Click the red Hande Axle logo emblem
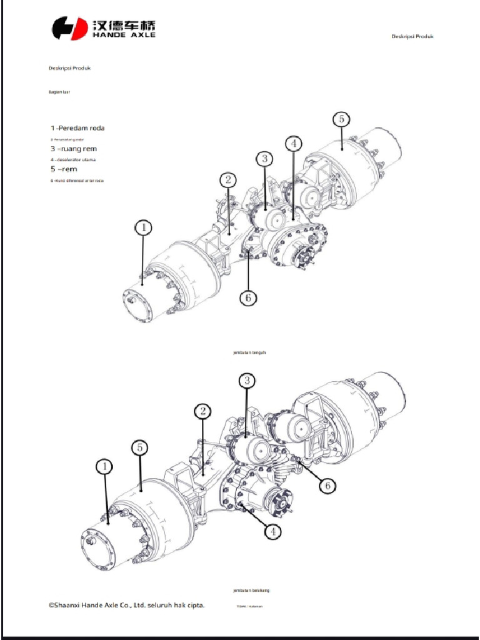tap(69, 28)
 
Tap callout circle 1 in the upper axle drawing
tap(144, 228)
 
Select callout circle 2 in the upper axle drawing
tap(229, 180)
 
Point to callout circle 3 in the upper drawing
tap(264, 159)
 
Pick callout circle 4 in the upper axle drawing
tap(294, 143)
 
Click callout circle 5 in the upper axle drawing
tap(341, 119)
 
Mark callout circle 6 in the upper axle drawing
tap(248, 298)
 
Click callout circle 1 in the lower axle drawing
tap(105, 466)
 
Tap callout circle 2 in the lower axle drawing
tap(202, 411)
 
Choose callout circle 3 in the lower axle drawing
tap(247, 380)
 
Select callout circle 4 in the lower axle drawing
tap(272, 531)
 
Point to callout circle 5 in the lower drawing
tap(141, 447)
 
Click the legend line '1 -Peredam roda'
tap(77, 128)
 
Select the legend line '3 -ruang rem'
tap(74, 149)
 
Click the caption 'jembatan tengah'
tap(249, 352)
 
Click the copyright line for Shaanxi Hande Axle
tap(126, 605)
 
